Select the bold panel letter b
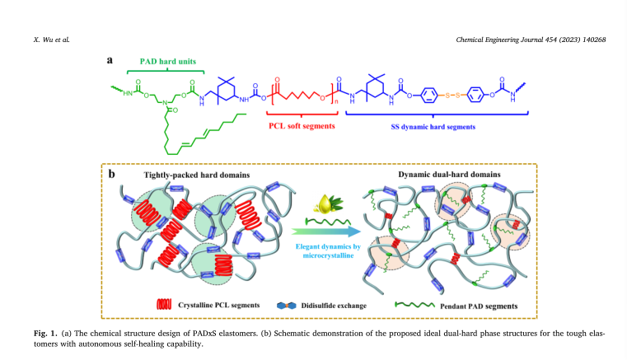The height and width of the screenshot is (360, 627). point(110,174)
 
